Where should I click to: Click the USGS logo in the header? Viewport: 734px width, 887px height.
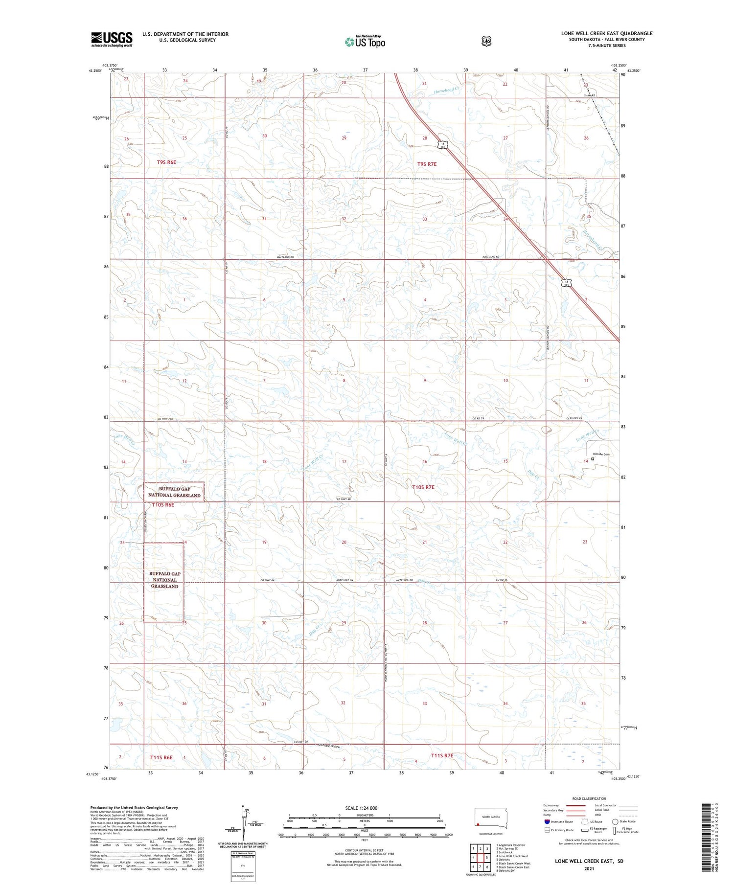112,39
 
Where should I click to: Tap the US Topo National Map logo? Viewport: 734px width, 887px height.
365,42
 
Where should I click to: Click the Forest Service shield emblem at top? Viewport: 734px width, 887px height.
486,41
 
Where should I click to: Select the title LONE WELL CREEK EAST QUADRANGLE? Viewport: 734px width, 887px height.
607,33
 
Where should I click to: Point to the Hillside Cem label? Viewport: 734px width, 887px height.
601,455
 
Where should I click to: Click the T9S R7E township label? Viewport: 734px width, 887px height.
427,164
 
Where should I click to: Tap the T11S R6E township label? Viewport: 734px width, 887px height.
161,757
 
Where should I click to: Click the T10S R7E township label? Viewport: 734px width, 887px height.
423,487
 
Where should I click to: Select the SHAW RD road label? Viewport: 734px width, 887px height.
589,95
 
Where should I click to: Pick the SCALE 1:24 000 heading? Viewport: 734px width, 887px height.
361,808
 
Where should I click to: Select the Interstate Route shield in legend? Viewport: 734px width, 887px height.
547,821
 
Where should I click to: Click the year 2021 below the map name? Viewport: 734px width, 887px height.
589,869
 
